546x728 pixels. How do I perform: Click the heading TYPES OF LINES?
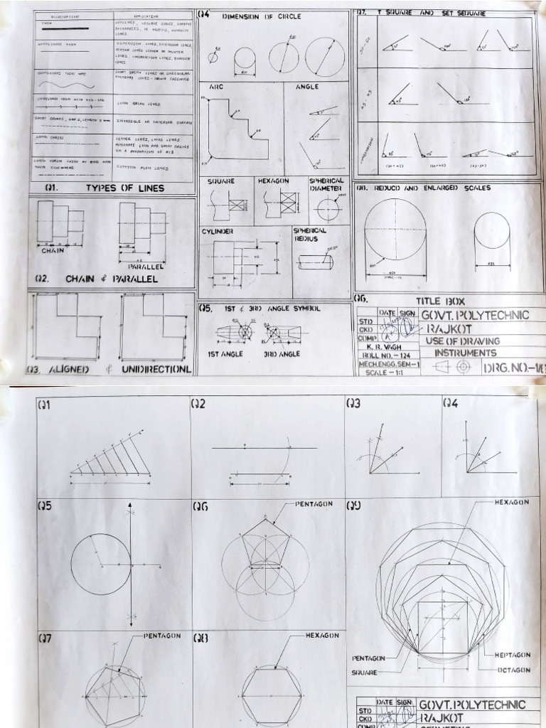(124, 188)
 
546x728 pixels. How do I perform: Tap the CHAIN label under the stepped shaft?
(53, 250)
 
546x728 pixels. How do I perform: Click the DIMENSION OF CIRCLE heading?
(262, 16)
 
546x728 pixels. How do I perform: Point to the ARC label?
(216, 87)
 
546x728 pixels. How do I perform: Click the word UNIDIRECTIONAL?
(156, 370)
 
